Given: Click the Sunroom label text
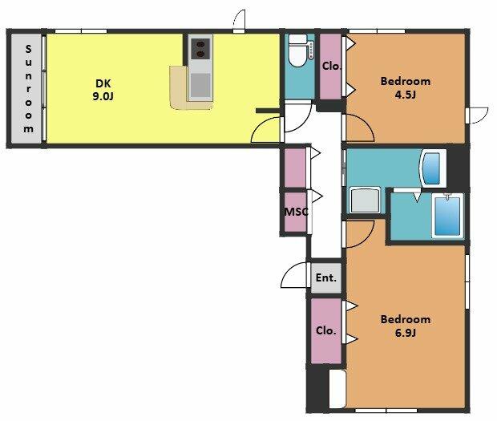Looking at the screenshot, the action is [28, 89].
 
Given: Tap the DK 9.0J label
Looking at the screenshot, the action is [103, 90].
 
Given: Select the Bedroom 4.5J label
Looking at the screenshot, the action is [406, 88].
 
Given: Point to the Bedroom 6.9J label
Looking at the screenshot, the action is [406, 326].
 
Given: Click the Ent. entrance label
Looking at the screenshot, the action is [325, 278].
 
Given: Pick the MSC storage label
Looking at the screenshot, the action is [296, 212].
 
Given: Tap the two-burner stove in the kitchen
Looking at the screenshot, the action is [200, 48].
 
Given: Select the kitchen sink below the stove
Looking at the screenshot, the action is [200, 85].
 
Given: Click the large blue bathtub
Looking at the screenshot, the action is [447, 217].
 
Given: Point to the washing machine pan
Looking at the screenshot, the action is [365, 200].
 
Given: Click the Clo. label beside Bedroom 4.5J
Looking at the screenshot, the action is [332, 67].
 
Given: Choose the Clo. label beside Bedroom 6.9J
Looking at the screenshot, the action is [325, 330].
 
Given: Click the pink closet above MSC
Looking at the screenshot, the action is [295, 168].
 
